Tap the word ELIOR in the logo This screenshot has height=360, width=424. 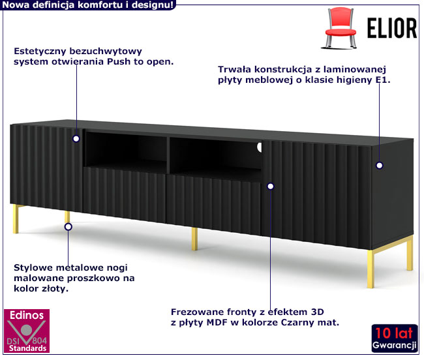(388, 29)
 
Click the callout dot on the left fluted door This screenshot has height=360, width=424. (76, 138)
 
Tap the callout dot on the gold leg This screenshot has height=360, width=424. (67, 226)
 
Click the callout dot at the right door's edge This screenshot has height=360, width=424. (271, 186)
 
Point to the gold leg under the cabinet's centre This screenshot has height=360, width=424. (194, 239)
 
